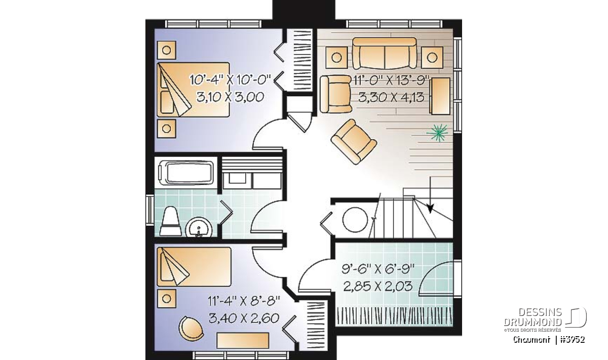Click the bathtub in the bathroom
point(186,173)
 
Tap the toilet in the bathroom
point(171,221)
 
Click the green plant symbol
point(437,133)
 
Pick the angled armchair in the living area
point(354,142)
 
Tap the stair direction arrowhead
point(430,209)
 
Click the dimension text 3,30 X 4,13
point(391,97)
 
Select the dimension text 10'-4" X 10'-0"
point(231,80)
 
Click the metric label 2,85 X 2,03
point(378,286)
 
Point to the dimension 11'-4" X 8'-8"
point(244,301)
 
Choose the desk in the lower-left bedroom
point(243,340)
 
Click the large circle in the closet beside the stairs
point(355,219)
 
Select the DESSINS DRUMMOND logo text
point(533,317)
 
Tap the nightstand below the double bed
point(166,129)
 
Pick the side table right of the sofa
point(432,57)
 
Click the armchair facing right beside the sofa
point(336,94)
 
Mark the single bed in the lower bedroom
point(194,266)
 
